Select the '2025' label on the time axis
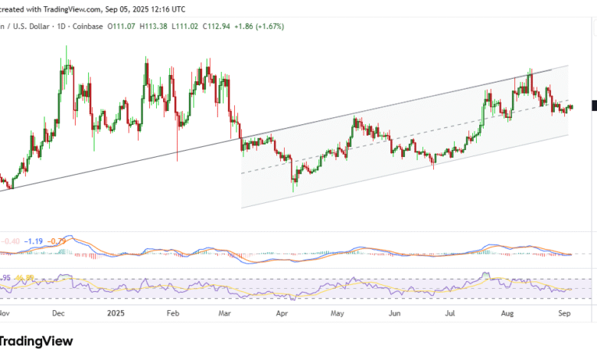[116, 313]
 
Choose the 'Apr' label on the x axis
[282, 313]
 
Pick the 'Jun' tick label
[395, 313]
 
